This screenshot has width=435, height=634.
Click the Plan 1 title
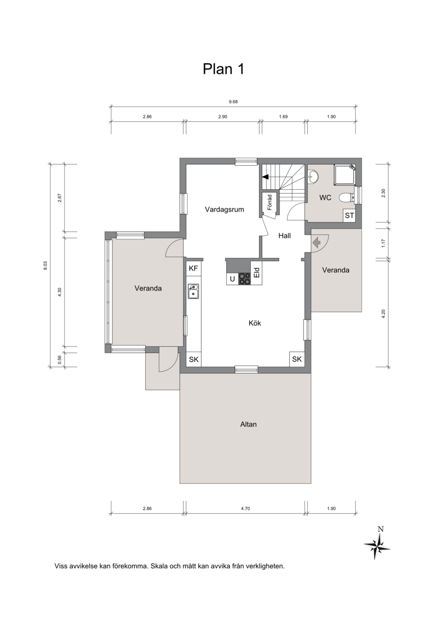pyautogui.click(x=223, y=69)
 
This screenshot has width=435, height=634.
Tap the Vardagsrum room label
pyautogui.click(x=225, y=209)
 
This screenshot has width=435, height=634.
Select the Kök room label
pyautogui.click(x=254, y=323)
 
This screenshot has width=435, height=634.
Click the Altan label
pyautogui.click(x=248, y=424)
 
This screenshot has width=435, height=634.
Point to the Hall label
pyautogui.click(x=284, y=236)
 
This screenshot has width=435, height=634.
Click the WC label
pyautogui.click(x=325, y=198)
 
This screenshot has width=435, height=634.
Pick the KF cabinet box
pyautogui.click(x=194, y=268)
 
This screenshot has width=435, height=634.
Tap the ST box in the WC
pyautogui.click(x=349, y=215)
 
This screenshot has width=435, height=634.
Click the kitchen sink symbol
pyautogui.click(x=193, y=291)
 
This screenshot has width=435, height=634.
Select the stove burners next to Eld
pyautogui.click(x=244, y=278)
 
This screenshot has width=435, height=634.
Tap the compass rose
pyautogui.click(x=377, y=545)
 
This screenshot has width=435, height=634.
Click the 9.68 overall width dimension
pyautogui.click(x=233, y=102)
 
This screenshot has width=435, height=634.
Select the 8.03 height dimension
pyautogui.click(x=45, y=265)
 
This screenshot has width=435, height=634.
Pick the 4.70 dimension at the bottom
pyautogui.click(x=245, y=508)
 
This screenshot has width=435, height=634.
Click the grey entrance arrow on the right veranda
pyautogui.click(x=316, y=242)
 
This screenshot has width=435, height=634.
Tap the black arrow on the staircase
pyautogui.click(x=265, y=177)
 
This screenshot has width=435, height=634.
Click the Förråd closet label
pyautogui.click(x=270, y=202)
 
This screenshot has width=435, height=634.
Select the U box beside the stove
pyautogui.click(x=233, y=278)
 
